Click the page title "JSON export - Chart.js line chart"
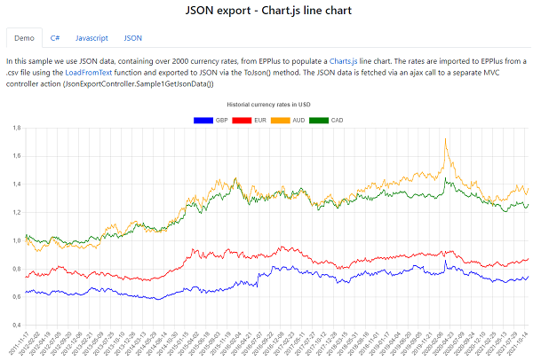(x=266, y=12)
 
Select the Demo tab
(x=24, y=39)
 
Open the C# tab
(x=55, y=39)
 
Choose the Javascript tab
(x=91, y=39)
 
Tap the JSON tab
(x=132, y=39)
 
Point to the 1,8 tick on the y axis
(x=15, y=129)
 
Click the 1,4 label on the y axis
(x=15, y=184)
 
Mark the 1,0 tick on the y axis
(x=15, y=240)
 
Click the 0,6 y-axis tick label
(x=15, y=296)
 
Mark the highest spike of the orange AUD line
(x=444, y=139)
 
